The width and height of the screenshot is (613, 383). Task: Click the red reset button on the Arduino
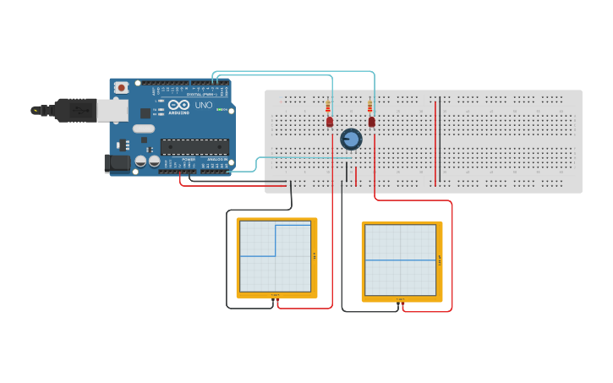pos(122,87)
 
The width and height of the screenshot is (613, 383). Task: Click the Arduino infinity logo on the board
pos(178,106)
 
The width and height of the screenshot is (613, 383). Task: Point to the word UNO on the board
pos(204,106)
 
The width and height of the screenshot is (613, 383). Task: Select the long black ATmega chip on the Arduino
pos(194,147)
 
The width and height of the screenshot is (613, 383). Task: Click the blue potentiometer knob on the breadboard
pos(351,139)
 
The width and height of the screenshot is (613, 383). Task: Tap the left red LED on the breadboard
pos(330,122)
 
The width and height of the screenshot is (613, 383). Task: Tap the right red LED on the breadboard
pos(371,122)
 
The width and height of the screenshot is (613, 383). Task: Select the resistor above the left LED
pos(328,107)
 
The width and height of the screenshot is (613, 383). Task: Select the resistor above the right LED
pos(370,107)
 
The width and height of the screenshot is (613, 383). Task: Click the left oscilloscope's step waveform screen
pos(276,256)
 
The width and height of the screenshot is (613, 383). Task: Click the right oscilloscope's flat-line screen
pos(401,260)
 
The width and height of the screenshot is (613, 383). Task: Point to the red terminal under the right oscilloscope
pos(403,304)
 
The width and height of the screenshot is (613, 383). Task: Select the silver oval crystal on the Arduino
pos(143,129)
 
